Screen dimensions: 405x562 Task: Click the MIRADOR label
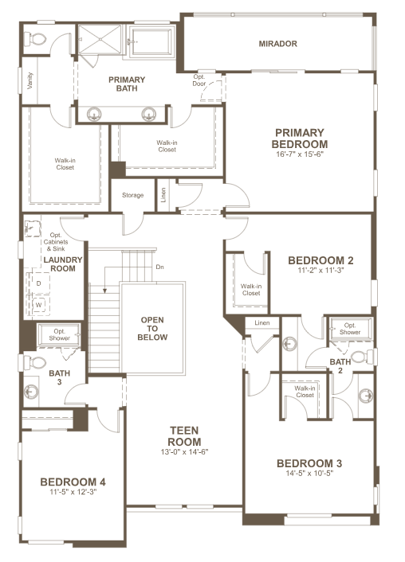coord(278,44)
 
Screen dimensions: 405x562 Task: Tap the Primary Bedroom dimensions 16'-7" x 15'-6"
coord(300,154)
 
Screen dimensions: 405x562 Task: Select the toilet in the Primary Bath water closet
coord(35,39)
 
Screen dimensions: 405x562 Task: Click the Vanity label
coord(29,80)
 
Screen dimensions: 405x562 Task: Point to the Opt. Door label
coord(199,80)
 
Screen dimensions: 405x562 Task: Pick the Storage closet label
coord(132,195)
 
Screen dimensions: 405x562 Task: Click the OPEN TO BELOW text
coord(152,328)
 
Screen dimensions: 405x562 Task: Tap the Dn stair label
coord(159,267)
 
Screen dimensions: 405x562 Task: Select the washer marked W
coord(39,305)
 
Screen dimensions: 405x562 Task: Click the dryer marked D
coord(39,283)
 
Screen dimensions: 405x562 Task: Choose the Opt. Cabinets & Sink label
coord(56,242)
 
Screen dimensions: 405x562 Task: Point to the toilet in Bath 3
coord(34,362)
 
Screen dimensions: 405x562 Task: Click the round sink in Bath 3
coord(31,392)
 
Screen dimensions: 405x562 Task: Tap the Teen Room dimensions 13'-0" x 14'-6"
coord(184,451)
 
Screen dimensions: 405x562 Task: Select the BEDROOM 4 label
coord(73,482)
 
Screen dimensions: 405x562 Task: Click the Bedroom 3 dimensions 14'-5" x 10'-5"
coord(309,473)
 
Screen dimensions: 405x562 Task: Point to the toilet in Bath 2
coord(362,357)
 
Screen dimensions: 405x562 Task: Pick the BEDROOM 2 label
coord(320,260)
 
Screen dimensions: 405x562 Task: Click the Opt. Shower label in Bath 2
coord(350,329)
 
